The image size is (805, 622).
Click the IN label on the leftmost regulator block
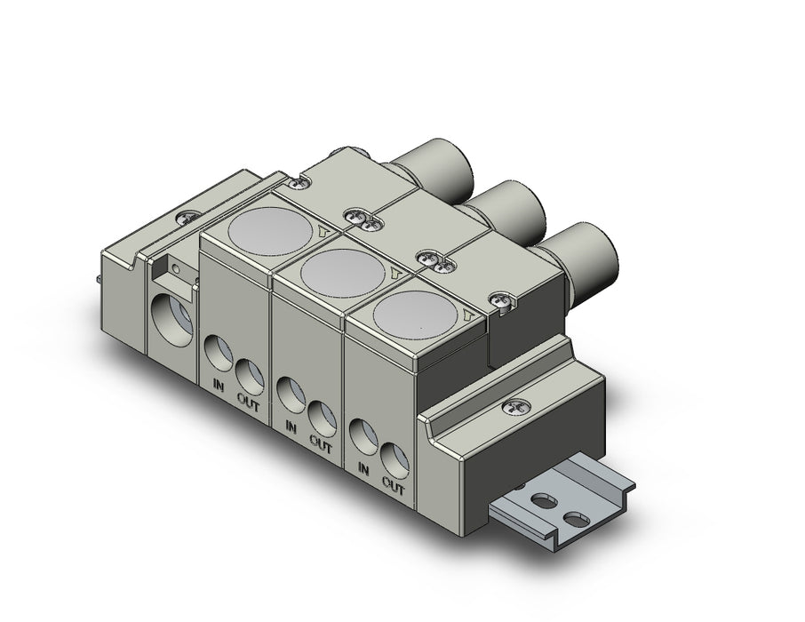pyautogui.click(x=219, y=386)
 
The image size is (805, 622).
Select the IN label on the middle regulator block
pyautogui.click(x=291, y=427)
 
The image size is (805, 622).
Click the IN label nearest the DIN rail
pyautogui.click(x=363, y=468)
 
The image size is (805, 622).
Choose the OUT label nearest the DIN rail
pyautogui.click(x=394, y=484)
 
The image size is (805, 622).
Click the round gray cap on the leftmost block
pyautogui.click(x=269, y=231)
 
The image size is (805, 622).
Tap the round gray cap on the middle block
pyautogui.click(x=342, y=273)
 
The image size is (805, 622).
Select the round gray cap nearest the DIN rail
pyautogui.click(x=415, y=314)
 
